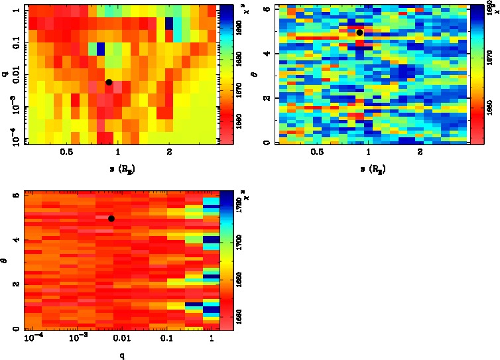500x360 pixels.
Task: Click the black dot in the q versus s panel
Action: click(x=109, y=82)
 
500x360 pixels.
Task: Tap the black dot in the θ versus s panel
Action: click(x=359, y=32)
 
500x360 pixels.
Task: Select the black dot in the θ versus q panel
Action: click(x=111, y=218)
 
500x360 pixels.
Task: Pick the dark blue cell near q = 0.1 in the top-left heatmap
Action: click(x=101, y=48)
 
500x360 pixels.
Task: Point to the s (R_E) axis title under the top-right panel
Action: click(x=371, y=168)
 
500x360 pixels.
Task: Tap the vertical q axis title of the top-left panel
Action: click(x=5, y=74)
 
